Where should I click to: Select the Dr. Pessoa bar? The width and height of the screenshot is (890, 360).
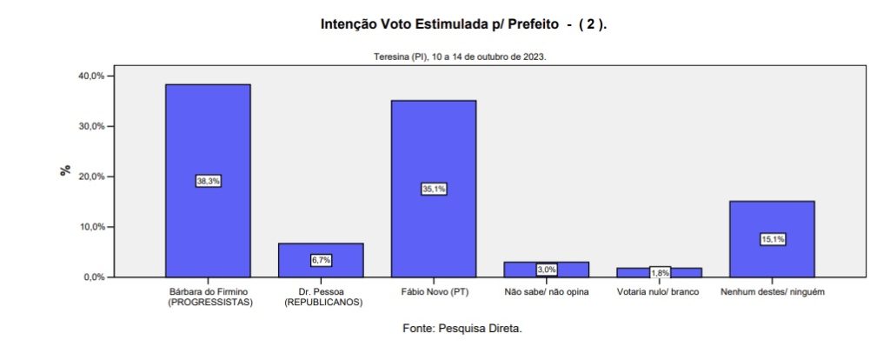321,249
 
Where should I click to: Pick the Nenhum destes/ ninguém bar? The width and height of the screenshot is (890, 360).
773,217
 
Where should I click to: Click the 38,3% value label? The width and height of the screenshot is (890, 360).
208,181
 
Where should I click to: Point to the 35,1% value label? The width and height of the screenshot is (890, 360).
434,189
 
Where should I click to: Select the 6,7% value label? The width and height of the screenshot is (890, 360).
321,260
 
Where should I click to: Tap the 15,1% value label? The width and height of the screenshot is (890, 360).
773,239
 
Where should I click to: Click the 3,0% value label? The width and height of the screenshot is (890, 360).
547,270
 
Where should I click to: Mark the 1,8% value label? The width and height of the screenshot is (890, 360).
660,273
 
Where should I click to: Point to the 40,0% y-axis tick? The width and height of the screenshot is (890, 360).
91,76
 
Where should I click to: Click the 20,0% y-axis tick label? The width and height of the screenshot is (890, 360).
91,177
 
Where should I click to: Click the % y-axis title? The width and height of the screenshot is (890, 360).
65,170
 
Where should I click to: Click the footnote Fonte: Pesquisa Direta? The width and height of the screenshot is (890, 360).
463,329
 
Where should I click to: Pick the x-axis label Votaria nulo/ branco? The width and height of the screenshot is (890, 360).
659,292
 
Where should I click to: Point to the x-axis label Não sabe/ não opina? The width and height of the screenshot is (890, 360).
547,292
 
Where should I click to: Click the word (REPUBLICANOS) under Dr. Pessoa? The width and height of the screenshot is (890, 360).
321,303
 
